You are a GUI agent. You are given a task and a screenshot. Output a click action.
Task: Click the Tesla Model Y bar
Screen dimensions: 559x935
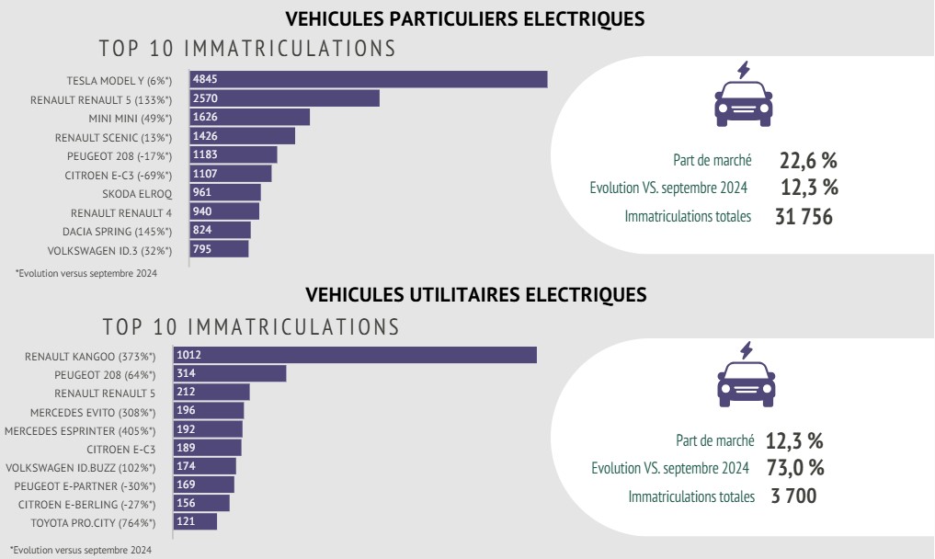[x=369, y=79]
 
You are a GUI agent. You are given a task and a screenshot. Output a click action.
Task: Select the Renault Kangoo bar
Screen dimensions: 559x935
[x=363, y=355]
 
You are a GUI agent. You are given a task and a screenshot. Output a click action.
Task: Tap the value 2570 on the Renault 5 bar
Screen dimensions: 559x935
[x=205, y=98]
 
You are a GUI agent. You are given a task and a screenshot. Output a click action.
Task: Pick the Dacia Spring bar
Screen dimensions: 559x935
[x=221, y=230]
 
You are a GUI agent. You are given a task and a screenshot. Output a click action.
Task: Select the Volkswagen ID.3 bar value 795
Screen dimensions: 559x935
[x=203, y=249]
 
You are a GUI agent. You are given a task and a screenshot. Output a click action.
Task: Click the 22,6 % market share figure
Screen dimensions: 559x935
[x=808, y=161]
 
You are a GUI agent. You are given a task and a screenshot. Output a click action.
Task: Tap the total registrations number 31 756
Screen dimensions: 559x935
[x=798, y=218]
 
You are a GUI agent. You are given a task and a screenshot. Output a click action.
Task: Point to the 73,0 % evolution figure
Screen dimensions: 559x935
[x=793, y=468]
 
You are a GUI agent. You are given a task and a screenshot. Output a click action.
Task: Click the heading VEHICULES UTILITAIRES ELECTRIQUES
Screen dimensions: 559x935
[x=475, y=295]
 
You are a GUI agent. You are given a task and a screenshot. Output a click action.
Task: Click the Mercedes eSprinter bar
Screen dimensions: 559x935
[x=216, y=429]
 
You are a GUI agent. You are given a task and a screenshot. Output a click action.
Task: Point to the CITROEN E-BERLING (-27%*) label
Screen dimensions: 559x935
[x=87, y=505]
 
